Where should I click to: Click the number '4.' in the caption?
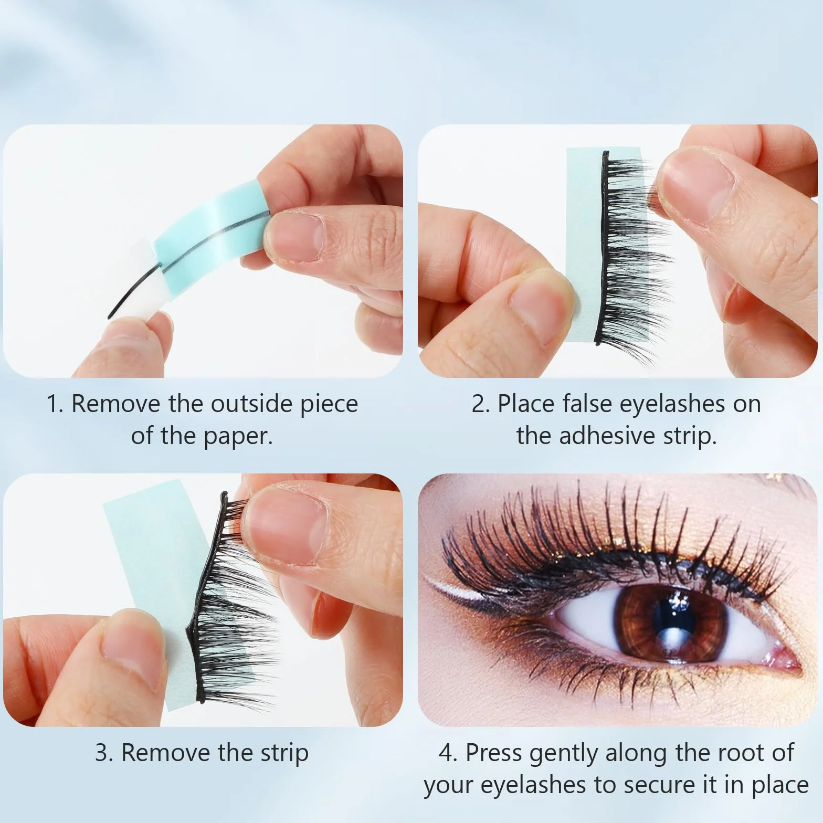[448, 753]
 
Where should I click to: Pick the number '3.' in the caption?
[105, 753]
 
